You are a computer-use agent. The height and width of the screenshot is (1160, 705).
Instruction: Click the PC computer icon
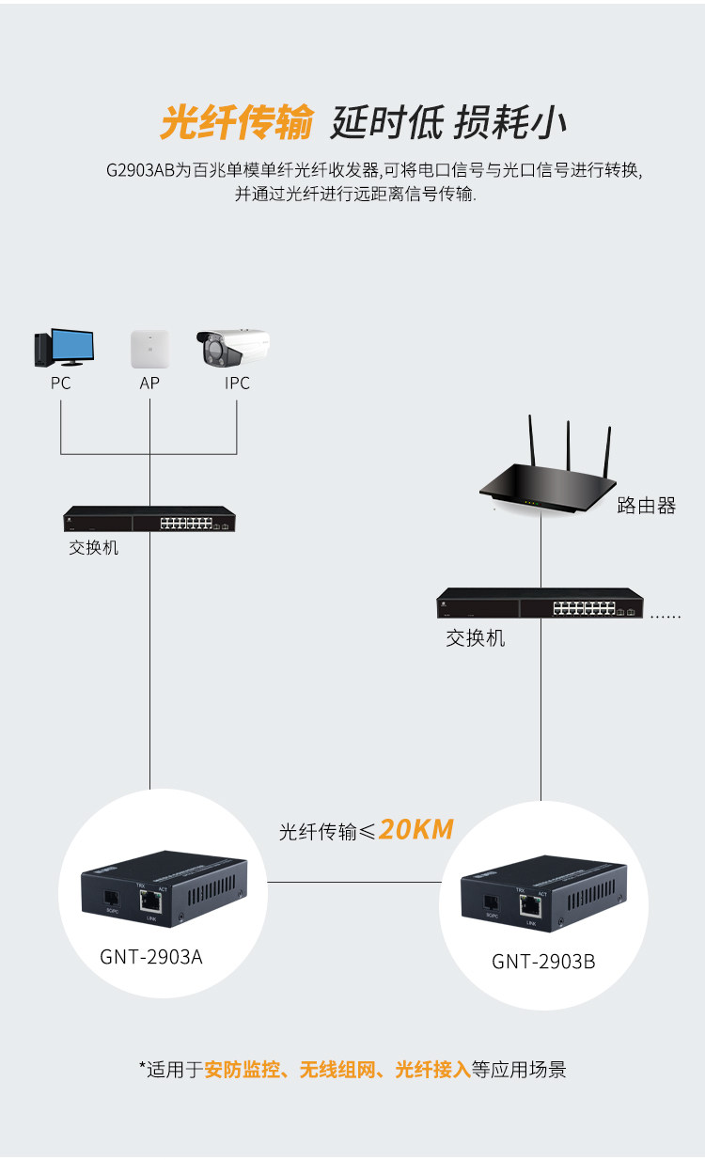point(63,349)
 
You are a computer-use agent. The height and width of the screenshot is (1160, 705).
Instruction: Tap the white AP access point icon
point(149,349)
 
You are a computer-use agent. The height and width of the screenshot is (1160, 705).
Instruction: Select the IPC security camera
point(232,349)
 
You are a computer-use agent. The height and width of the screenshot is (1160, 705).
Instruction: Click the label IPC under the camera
point(237,384)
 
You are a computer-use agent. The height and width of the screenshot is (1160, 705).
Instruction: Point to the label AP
point(149,384)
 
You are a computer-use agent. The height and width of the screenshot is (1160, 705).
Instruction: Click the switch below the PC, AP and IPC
point(149,519)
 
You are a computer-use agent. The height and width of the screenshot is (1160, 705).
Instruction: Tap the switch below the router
point(541,603)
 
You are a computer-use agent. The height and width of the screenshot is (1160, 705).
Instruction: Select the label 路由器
point(647,506)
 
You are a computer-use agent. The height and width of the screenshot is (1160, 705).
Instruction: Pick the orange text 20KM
point(416,829)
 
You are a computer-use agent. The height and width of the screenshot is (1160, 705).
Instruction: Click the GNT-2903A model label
point(151,957)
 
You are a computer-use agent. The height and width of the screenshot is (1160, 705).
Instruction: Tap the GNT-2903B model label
point(543,962)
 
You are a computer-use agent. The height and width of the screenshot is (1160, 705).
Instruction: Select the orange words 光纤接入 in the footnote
point(432,1070)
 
